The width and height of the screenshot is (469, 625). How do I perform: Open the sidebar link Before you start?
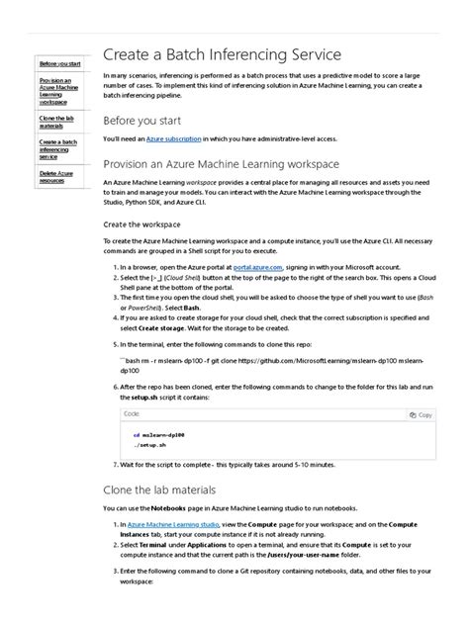[59, 63]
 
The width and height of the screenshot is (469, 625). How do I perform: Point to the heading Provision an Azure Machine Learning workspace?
[221, 163]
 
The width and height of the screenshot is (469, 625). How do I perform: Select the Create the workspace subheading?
[148, 224]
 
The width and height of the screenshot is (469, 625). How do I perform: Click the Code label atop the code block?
[132, 415]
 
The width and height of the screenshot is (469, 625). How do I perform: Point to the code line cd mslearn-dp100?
[159, 435]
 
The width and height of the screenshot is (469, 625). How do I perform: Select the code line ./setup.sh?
[152, 446]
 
